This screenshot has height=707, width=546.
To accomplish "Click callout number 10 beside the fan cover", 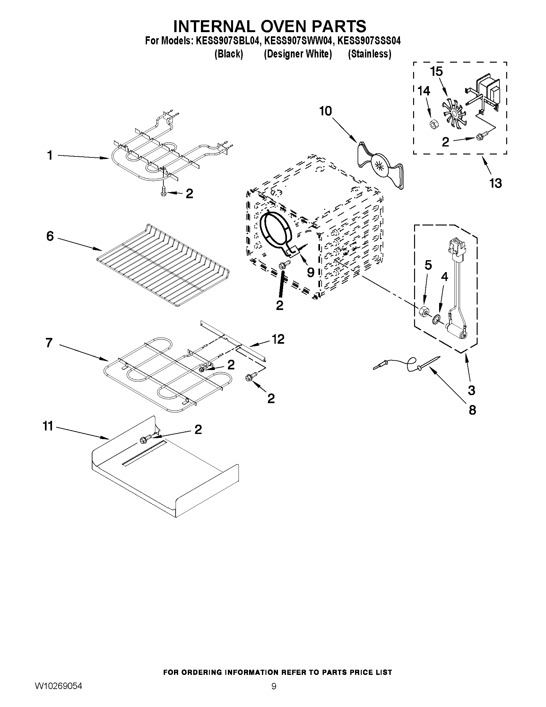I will pos(325,111).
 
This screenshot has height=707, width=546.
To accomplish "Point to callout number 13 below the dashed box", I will pos(495,183).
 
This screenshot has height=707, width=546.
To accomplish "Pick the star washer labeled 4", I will pos(437,319).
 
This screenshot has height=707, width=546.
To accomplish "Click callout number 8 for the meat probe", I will pos(472,410).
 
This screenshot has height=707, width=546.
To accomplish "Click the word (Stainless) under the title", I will pos(369,54).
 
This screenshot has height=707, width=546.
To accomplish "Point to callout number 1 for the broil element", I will pos(49,156).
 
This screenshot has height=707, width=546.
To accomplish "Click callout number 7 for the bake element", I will pos(49,342).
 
